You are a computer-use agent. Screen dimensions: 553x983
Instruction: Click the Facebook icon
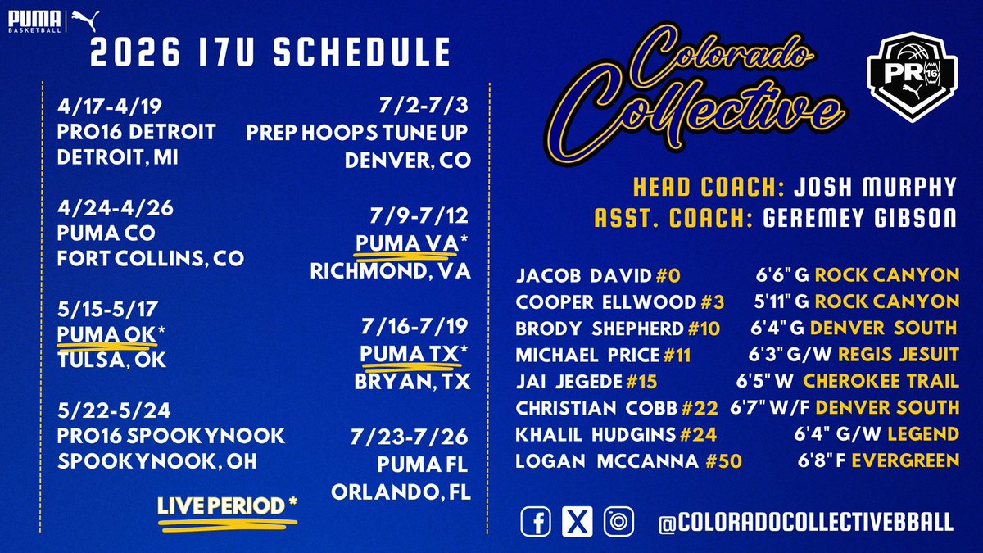[536, 522]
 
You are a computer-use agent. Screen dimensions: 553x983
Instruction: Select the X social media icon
[577, 522]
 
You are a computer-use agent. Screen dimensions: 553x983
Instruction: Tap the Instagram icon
[618, 522]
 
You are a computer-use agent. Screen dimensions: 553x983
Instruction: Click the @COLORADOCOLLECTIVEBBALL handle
[802, 523]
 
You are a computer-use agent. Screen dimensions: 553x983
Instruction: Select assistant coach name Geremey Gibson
[858, 220]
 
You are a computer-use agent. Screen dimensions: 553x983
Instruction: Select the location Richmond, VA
[390, 271]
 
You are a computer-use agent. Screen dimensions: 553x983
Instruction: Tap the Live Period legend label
[227, 506]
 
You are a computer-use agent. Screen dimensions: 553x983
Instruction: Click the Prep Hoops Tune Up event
[358, 132]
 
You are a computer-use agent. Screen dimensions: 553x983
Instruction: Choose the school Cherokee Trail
[881, 381]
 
